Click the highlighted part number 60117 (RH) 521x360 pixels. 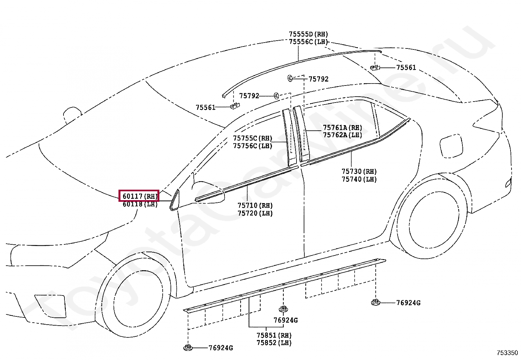click(x=139, y=196)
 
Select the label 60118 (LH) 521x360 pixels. click(x=140, y=204)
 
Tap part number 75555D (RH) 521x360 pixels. click(x=308, y=34)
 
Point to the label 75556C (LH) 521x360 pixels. click(x=308, y=42)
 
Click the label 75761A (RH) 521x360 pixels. click(x=342, y=127)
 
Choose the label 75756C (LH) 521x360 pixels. click(x=252, y=146)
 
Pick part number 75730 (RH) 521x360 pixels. click(x=359, y=171)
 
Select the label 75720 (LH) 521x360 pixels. click(x=255, y=213)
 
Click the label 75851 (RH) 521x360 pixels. click(x=274, y=335)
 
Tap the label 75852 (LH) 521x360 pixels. click(x=274, y=343)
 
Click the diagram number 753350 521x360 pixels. click(x=507, y=353)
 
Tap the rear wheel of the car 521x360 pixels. click(x=432, y=217)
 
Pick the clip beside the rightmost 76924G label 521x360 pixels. click(x=375, y=302)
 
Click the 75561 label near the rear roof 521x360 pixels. click(x=406, y=67)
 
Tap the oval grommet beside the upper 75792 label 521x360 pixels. click(x=290, y=78)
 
